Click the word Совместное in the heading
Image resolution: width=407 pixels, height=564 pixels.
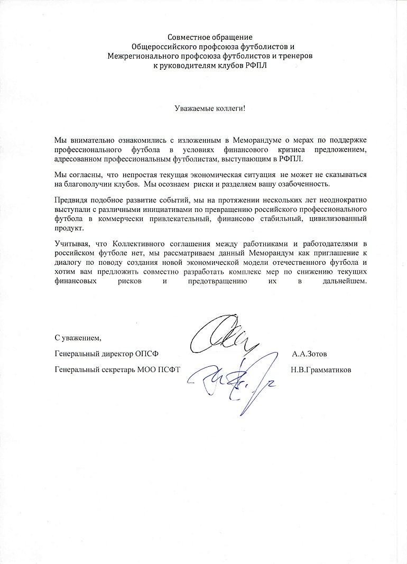point(186,38)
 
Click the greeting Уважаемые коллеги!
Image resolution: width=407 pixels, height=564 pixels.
point(210,108)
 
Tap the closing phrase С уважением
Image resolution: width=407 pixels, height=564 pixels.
point(77,338)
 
